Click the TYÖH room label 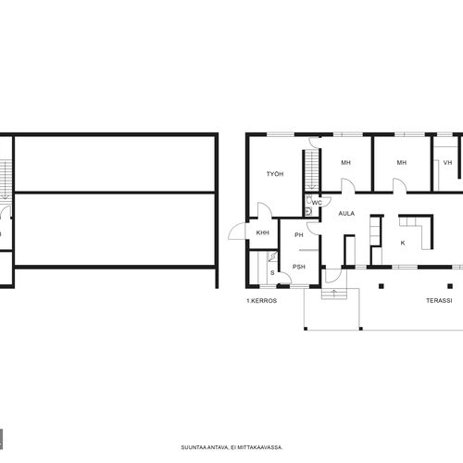tap(275, 174)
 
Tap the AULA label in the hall tap(346, 213)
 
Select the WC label tap(317, 203)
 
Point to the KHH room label tap(263, 232)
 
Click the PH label tap(299, 235)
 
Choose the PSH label tap(299, 267)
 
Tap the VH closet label tap(447, 162)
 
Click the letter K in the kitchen tap(403, 243)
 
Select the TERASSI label tap(439, 300)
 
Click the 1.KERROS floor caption tap(261, 301)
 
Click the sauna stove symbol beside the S tap(272, 257)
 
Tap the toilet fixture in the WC tap(309, 199)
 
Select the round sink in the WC tap(308, 211)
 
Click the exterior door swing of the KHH tap(237, 231)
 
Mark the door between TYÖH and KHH tap(265, 210)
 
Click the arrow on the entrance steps tap(334, 294)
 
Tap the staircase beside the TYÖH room tap(312, 170)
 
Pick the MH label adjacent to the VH tap(402, 162)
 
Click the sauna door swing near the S tap(285, 278)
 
